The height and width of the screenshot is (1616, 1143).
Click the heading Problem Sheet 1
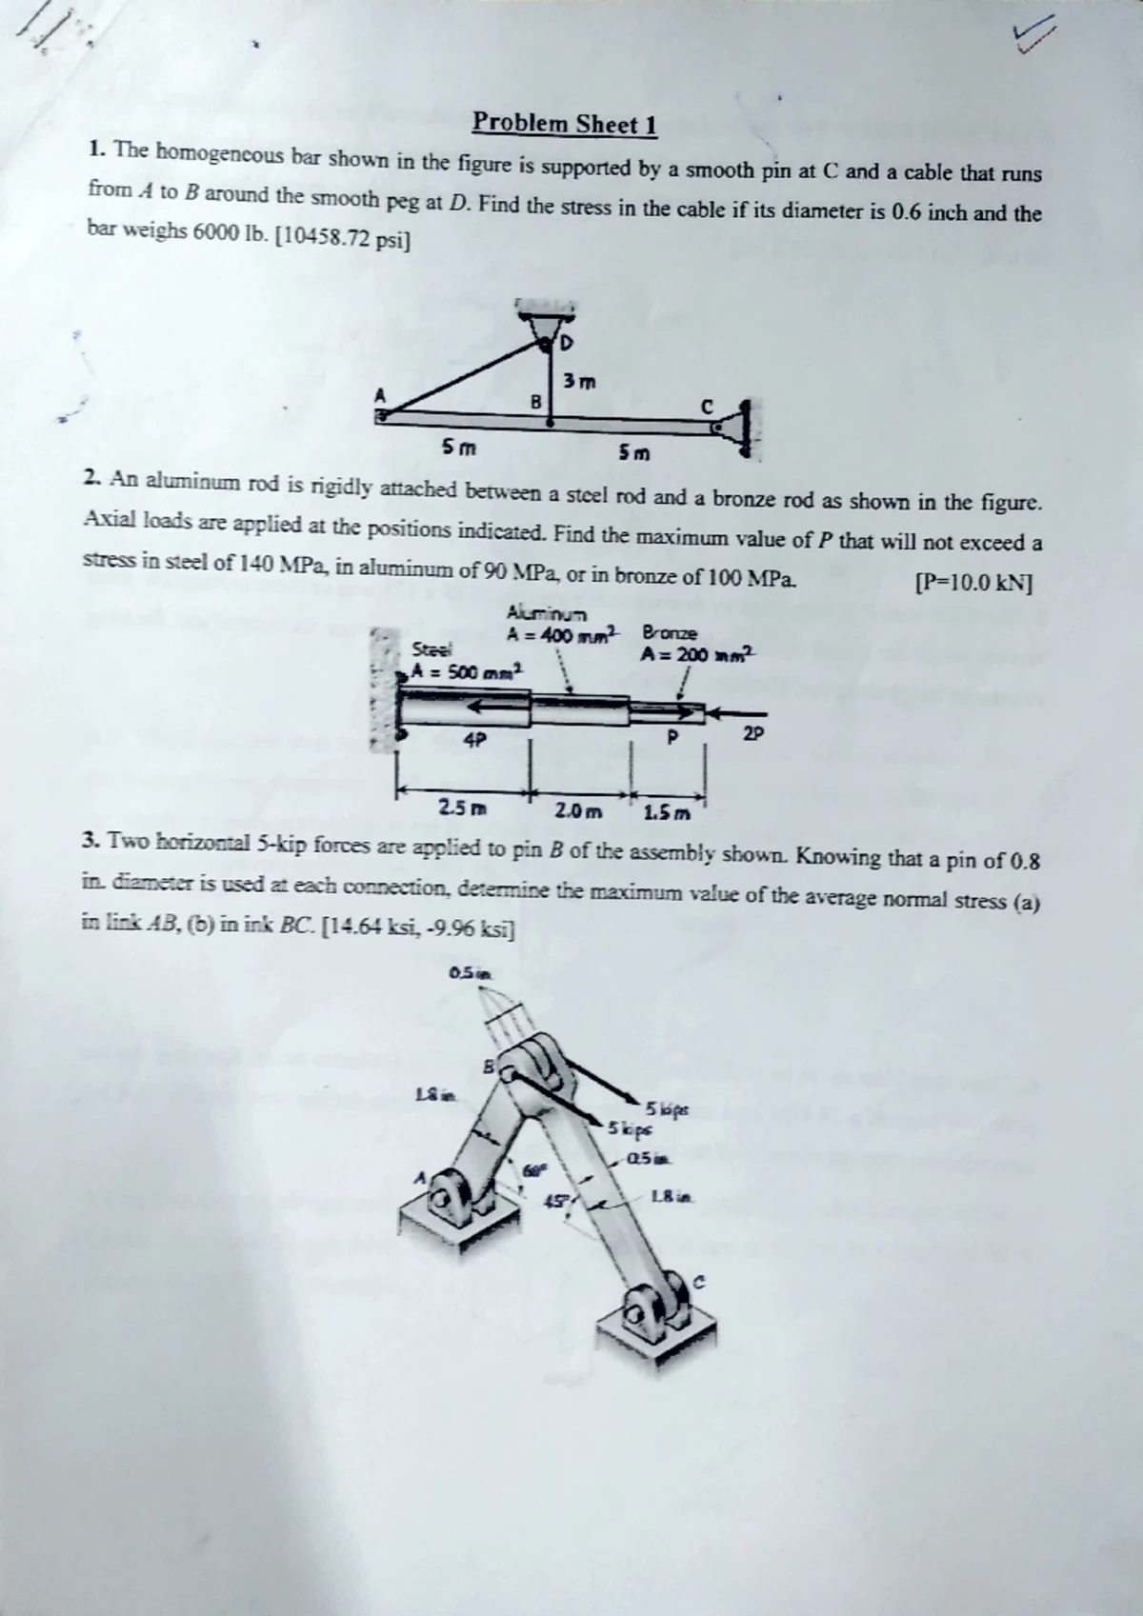pyautogui.click(x=565, y=124)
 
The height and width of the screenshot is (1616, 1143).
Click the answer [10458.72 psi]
pyautogui.click(x=342, y=238)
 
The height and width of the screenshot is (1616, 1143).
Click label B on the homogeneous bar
pyautogui.click(x=536, y=403)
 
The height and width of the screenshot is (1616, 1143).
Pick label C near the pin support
pyautogui.click(x=707, y=406)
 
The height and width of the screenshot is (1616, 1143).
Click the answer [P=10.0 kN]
pyautogui.click(x=973, y=582)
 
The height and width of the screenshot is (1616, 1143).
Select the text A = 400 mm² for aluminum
pyautogui.click(x=563, y=632)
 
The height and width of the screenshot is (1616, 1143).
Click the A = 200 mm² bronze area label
pyautogui.click(x=697, y=654)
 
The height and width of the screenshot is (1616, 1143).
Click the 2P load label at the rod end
pyautogui.click(x=752, y=734)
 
